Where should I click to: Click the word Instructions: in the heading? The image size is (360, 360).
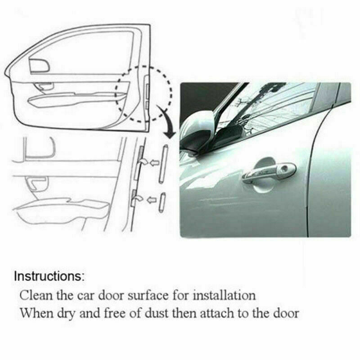[49, 276]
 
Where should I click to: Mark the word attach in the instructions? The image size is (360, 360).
[225, 313]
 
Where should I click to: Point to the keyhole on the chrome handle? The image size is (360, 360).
[284, 169]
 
